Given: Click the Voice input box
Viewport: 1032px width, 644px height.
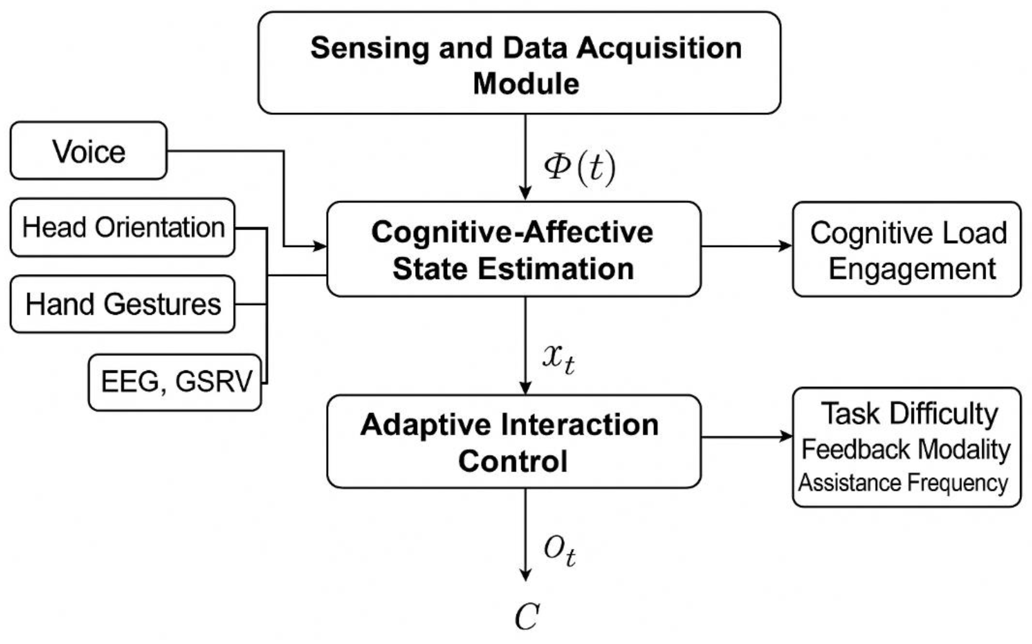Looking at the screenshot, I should click(x=88, y=151).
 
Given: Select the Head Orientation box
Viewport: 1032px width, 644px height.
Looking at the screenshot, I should click(x=122, y=227).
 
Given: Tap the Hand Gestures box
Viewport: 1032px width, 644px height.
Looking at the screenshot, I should click(x=122, y=304).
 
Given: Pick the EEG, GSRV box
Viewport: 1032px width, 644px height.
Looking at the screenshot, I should click(x=175, y=382).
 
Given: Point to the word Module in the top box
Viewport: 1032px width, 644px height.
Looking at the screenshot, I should click(x=526, y=83).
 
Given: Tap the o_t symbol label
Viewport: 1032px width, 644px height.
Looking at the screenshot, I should click(x=560, y=550).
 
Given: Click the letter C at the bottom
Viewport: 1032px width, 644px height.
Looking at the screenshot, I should click(x=527, y=616).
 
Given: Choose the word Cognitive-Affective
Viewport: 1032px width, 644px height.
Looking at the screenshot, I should click(x=512, y=232).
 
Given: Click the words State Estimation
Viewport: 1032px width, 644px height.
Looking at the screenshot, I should click(x=513, y=269).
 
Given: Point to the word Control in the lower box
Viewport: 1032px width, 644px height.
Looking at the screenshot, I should click(x=513, y=461).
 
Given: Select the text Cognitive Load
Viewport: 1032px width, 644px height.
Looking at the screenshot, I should click(x=908, y=233).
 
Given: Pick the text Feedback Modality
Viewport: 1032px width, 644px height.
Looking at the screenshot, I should click(x=906, y=449).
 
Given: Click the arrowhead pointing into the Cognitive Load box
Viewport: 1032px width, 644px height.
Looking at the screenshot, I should click(x=785, y=246).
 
